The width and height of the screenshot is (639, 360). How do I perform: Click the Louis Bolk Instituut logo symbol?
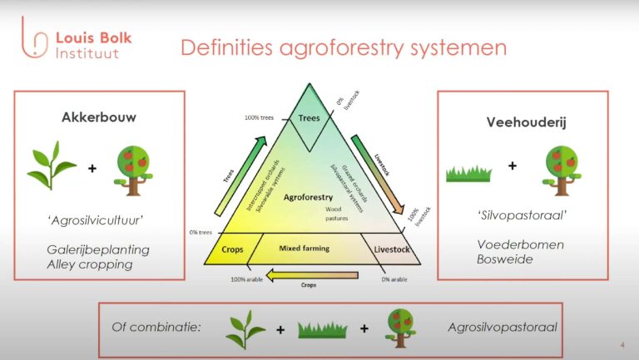click(30, 42)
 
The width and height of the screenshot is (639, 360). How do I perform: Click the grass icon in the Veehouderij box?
click(469, 173)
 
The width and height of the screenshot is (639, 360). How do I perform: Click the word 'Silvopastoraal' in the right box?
click(506, 215)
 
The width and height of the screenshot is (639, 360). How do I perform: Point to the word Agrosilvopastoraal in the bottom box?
click(492, 327)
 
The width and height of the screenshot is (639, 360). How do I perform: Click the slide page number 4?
click(622, 345)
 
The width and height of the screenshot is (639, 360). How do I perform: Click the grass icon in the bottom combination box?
click(320, 328)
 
